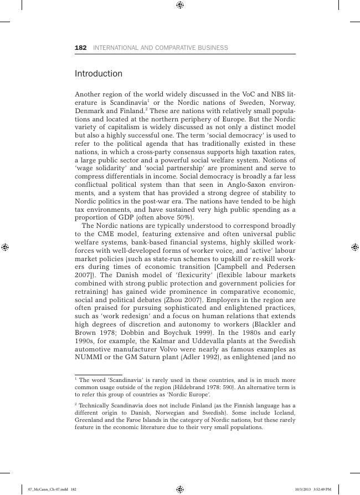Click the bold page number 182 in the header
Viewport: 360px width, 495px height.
pyautogui.click(x=80, y=48)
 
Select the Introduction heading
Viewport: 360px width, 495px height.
pyautogui.click(x=99, y=74)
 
